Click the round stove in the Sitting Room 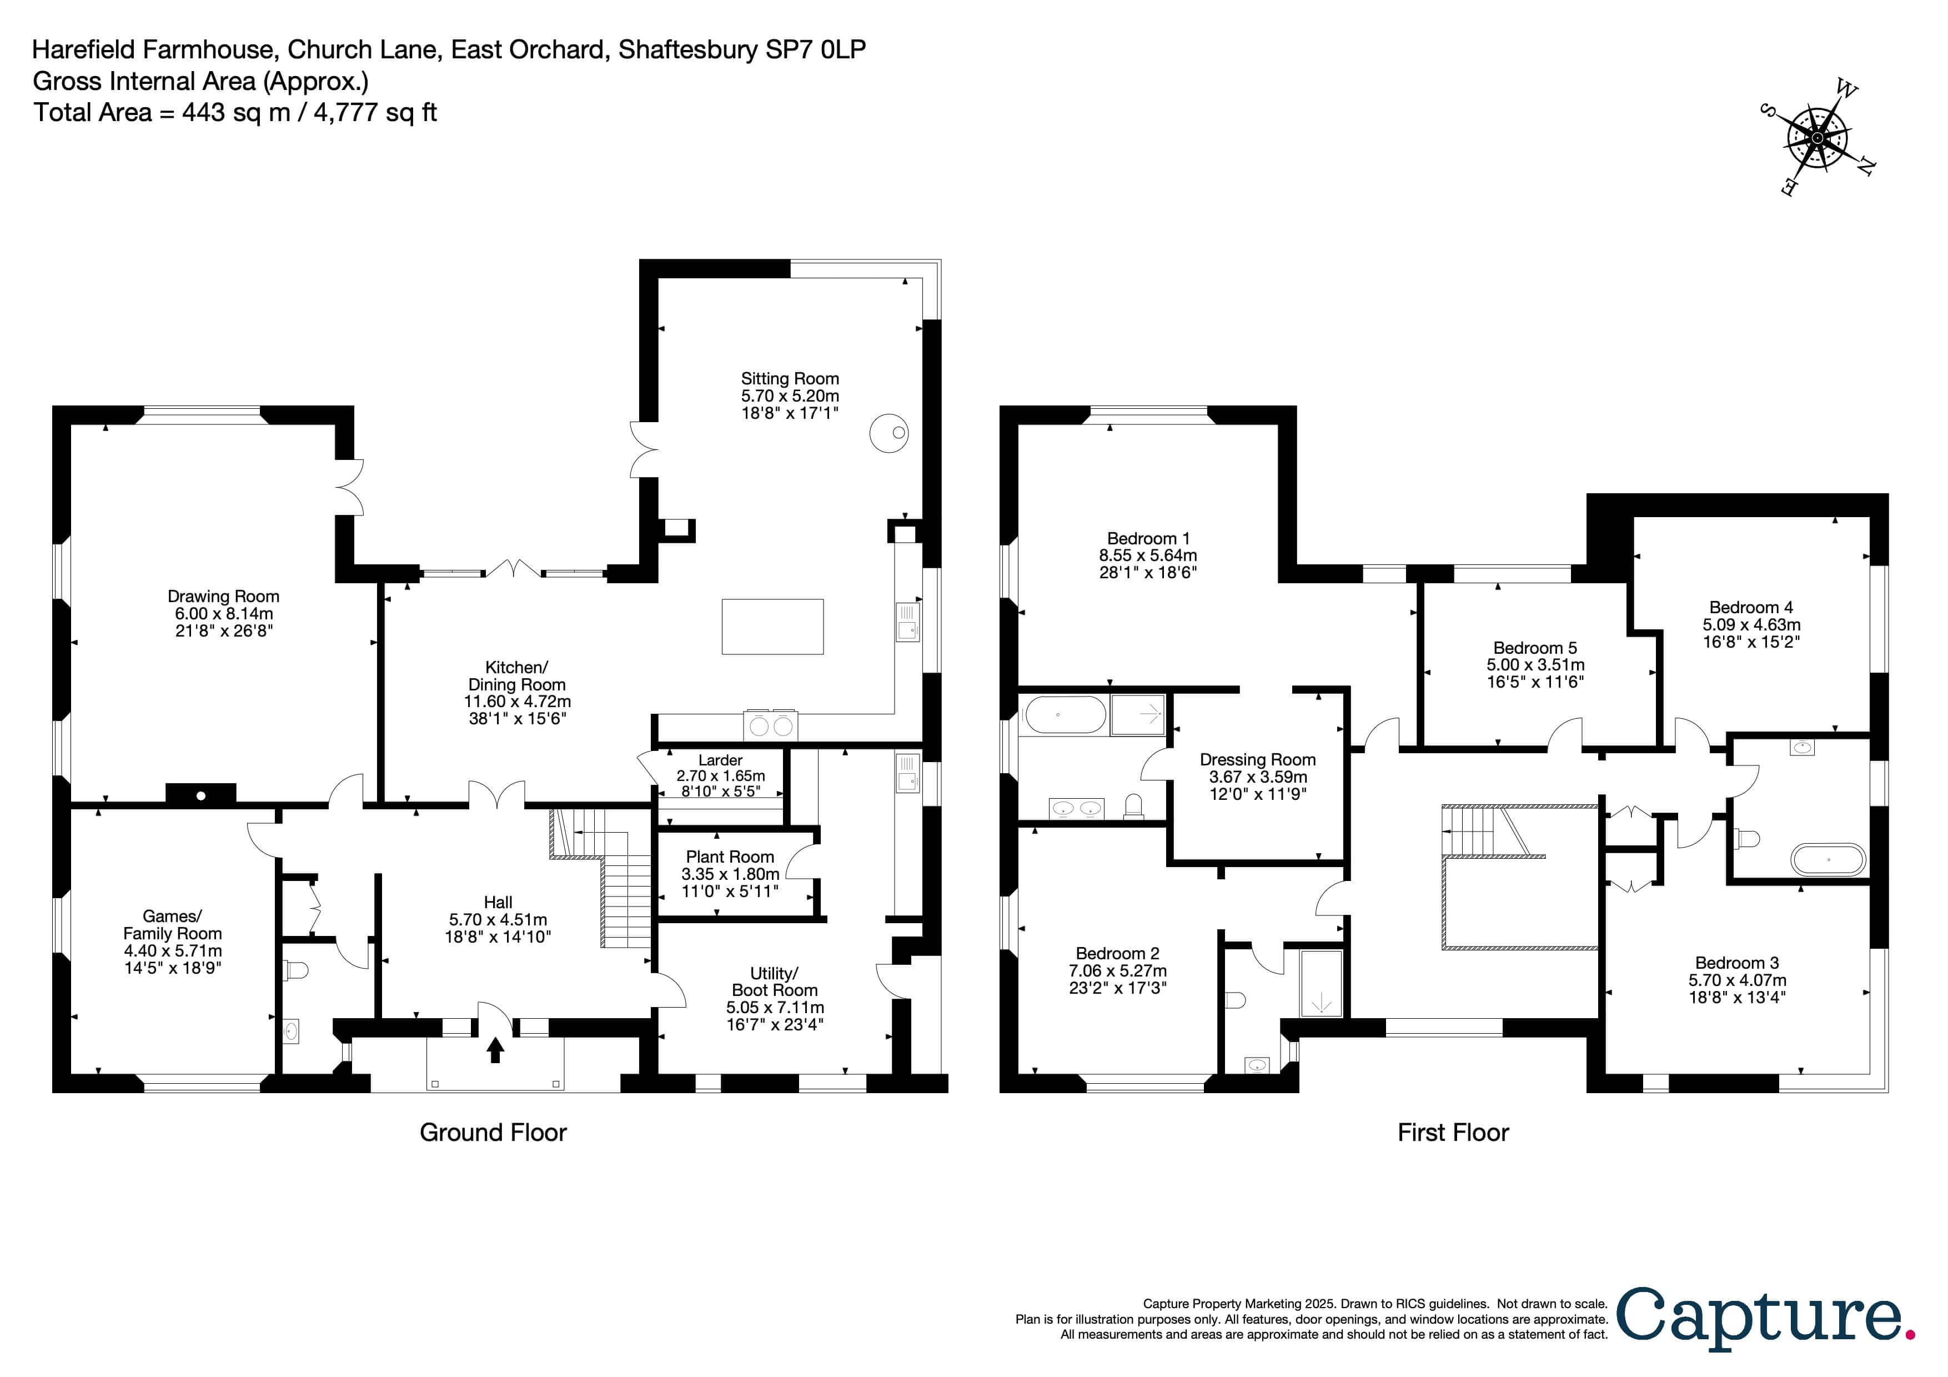(x=889, y=433)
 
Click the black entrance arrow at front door (x=495, y=1050)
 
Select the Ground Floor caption (x=493, y=1133)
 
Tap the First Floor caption (x=1453, y=1133)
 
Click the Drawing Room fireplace (x=201, y=794)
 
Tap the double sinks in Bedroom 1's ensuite (x=1077, y=809)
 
